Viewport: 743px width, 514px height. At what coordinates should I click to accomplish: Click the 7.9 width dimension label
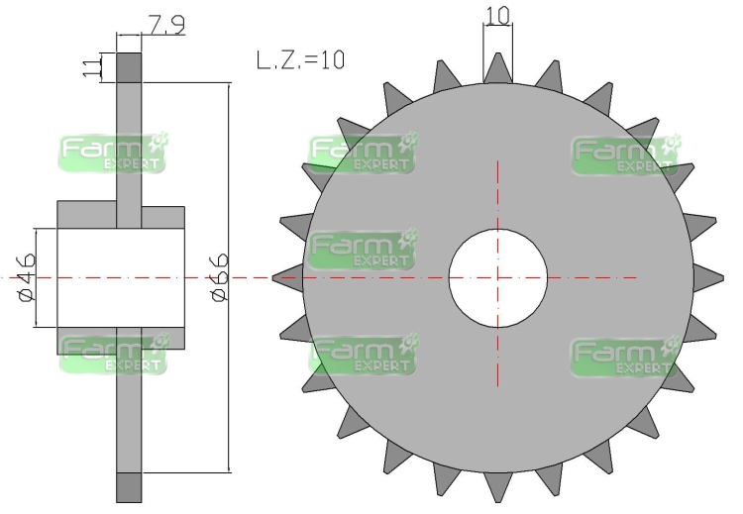click(x=166, y=25)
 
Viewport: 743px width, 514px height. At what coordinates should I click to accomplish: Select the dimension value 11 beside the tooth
click(x=92, y=67)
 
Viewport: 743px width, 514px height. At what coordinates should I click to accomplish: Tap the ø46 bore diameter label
click(x=27, y=277)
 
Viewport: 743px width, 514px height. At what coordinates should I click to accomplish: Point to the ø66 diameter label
click(x=219, y=277)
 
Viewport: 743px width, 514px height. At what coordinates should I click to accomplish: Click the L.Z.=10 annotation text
click(x=300, y=60)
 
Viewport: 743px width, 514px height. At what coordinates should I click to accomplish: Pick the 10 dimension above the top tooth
click(x=498, y=15)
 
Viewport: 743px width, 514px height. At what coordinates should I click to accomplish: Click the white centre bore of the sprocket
click(x=498, y=278)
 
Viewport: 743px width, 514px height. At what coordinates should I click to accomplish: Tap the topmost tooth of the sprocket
click(x=498, y=68)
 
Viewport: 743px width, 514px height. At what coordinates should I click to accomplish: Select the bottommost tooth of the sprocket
click(x=498, y=487)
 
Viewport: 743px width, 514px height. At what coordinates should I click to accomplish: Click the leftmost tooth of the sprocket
click(x=288, y=278)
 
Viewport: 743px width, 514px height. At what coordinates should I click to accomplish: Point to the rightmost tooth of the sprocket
click(x=708, y=278)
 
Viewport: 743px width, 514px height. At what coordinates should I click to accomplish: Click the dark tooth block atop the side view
click(x=129, y=67)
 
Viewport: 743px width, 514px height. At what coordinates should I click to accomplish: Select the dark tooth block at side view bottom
click(x=129, y=487)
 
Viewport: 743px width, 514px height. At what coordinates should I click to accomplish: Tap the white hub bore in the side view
click(x=121, y=277)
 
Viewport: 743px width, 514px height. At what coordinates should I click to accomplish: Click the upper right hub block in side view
click(x=163, y=218)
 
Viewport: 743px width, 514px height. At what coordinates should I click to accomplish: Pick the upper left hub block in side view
click(x=87, y=215)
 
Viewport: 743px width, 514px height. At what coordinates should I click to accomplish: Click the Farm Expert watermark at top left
click(x=114, y=153)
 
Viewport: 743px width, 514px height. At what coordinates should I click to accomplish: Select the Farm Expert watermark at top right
click(x=625, y=154)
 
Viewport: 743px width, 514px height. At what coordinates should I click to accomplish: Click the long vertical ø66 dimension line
click(x=230, y=277)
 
